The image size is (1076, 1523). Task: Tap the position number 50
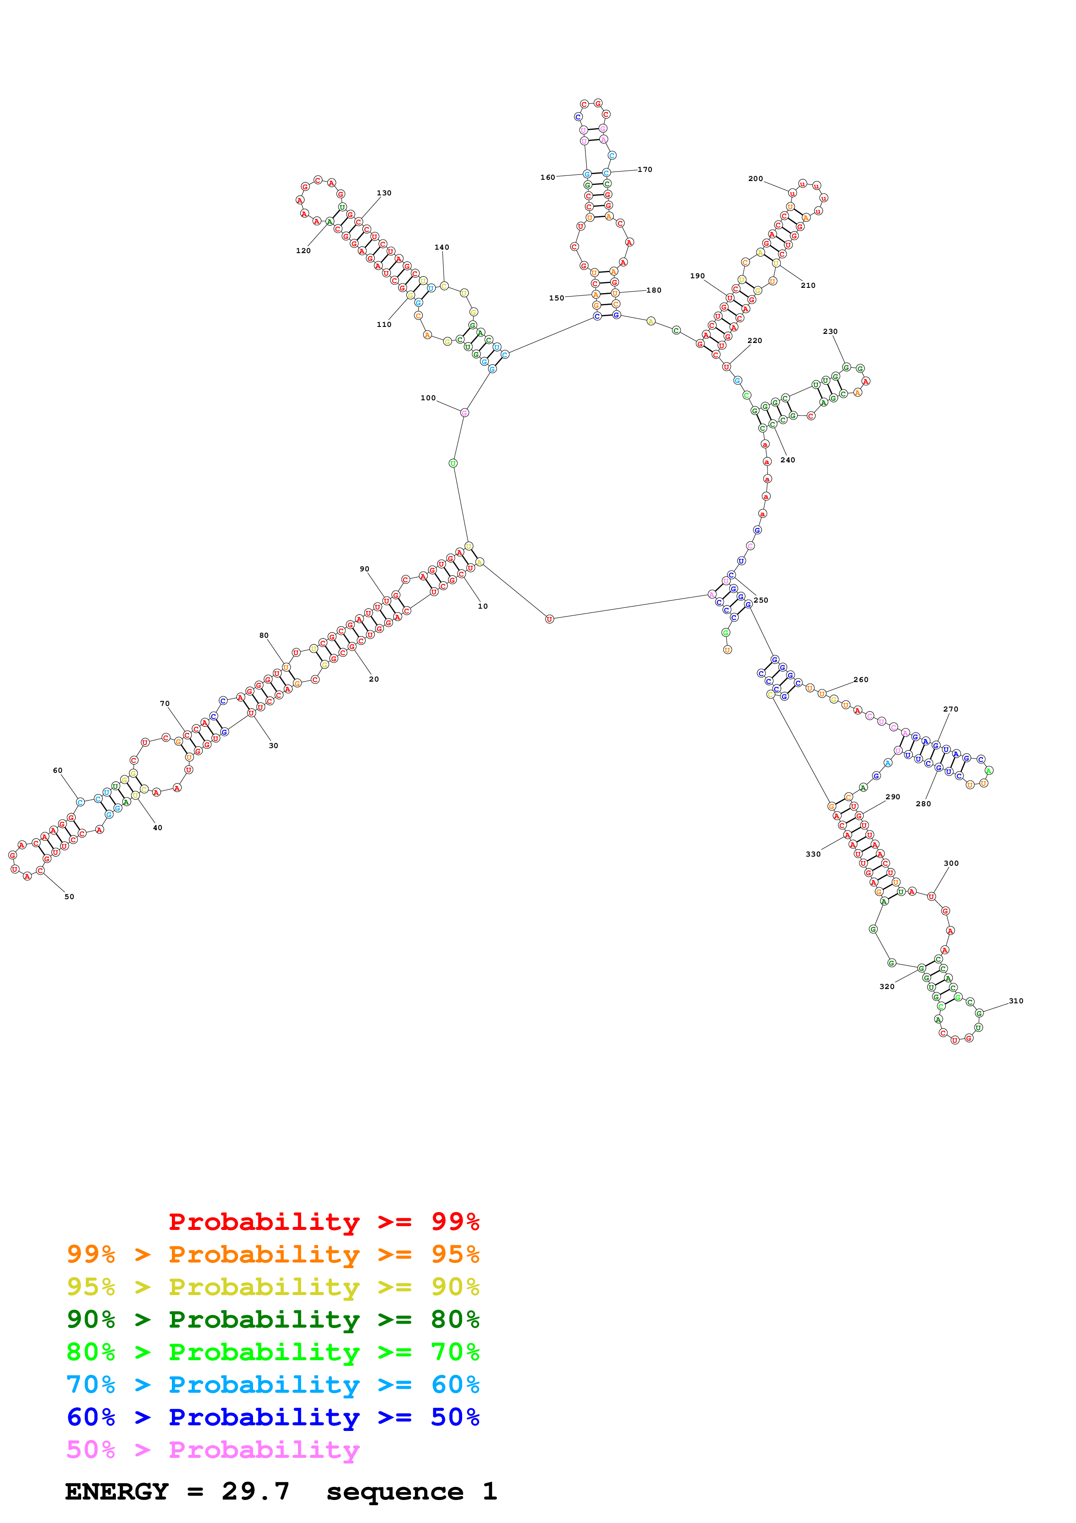[x=69, y=897]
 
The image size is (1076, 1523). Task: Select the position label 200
[x=755, y=178]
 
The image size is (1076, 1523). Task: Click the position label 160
[x=548, y=177]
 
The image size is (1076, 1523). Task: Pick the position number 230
[x=830, y=331]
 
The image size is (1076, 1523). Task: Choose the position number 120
[x=303, y=251]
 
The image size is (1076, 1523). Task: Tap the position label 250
[x=761, y=600]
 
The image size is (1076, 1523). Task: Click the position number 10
[x=483, y=606]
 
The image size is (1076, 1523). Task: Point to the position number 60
[x=58, y=770]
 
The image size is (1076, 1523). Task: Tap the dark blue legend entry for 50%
[x=273, y=1417]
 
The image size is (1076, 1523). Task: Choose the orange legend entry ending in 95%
[x=273, y=1254]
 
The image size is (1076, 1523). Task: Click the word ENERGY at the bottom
[x=117, y=1492]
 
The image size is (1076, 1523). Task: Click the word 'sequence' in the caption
[x=395, y=1492]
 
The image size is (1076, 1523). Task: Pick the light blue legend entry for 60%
[x=273, y=1385]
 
